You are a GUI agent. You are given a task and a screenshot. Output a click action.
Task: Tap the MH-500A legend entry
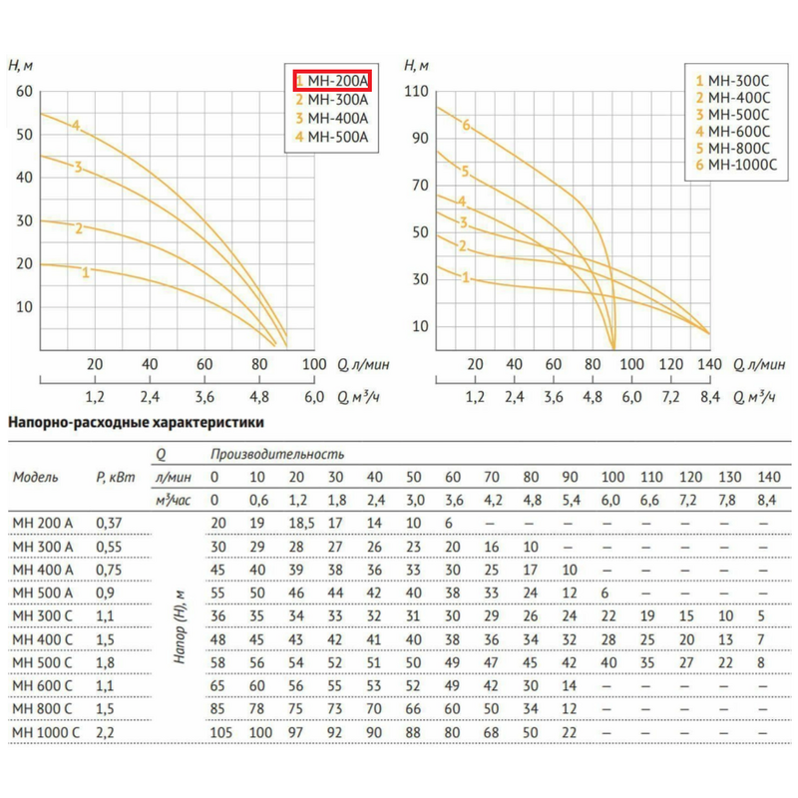point(332,136)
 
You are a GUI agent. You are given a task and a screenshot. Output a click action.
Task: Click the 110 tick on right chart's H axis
point(417,92)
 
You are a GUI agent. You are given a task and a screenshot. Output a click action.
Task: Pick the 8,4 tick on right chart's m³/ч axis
point(709,396)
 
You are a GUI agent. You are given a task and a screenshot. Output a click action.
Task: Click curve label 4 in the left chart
point(75,125)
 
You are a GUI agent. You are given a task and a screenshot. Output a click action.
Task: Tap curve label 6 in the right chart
point(465,125)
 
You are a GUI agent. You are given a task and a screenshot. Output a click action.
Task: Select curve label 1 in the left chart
point(87,271)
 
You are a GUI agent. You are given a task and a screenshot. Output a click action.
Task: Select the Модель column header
point(36,476)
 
